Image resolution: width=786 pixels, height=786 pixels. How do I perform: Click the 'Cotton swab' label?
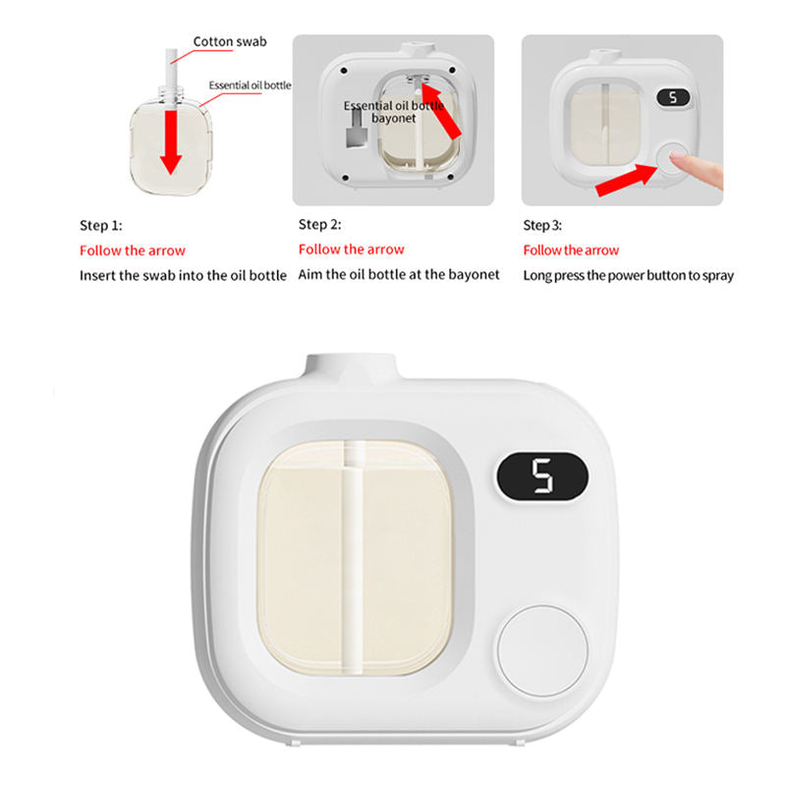pyautogui.click(x=230, y=41)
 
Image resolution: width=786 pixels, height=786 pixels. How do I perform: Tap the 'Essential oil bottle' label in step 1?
pyautogui.click(x=250, y=85)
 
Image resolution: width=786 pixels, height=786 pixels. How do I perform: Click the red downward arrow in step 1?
pyautogui.click(x=171, y=141)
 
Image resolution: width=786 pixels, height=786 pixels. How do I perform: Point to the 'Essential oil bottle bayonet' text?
pyautogui.click(x=394, y=112)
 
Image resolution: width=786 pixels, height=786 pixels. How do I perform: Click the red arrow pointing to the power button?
pyautogui.click(x=627, y=180)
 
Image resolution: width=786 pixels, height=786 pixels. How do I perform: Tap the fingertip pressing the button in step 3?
pyautogui.click(x=677, y=157)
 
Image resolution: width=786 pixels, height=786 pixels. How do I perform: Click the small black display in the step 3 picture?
pyautogui.click(x=673, y=97)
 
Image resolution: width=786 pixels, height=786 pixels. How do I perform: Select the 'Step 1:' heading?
pyautogui.click(x=101, y=226)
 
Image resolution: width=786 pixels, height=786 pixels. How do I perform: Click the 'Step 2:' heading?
pyautogui.click(x=320, y=225)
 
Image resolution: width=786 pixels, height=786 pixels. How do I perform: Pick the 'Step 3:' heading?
pyautogui.click(x=542, y=226)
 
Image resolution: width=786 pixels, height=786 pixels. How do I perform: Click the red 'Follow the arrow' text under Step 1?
pyautogui.click(x=133, y=251)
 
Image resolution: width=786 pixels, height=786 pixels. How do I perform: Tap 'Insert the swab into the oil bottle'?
pyautogui.click(x=183, y=275)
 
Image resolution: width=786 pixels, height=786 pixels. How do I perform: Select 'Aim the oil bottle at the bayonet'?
pyautogui.click(x=399, y=275)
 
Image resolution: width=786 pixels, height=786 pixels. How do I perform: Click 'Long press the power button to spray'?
pyautogui.click(x=628, y=276)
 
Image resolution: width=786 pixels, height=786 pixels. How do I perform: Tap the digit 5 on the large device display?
pyautogui.click(x=542, y=476)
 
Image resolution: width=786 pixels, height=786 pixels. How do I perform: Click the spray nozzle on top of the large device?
pyautogui.click(x=351, y=365)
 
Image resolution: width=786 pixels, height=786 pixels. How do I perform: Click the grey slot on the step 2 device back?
pyautogui.click(x=357, y=130)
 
